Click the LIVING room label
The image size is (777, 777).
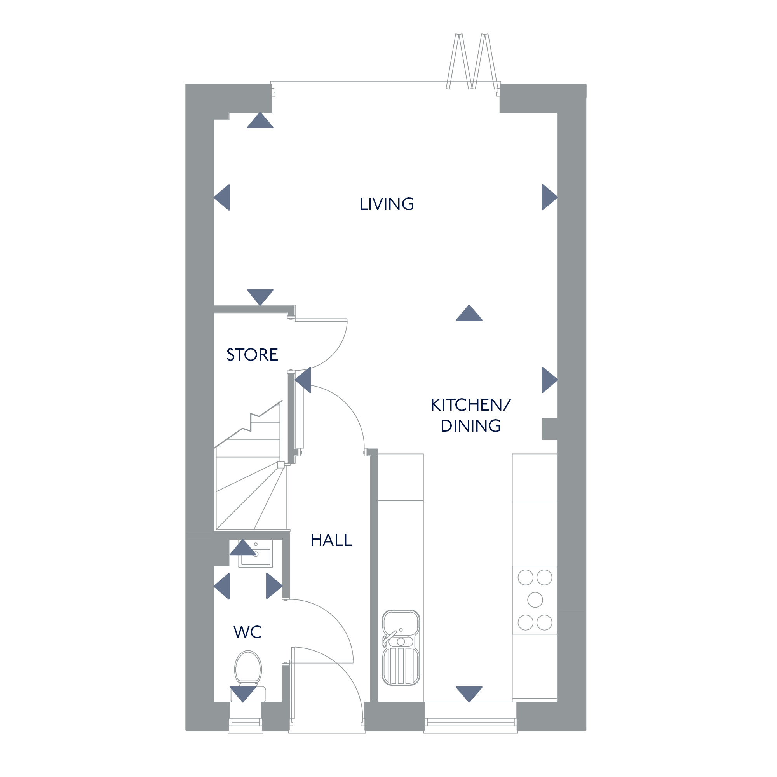pyautogui.click(x=387, y=204)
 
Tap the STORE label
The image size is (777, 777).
pyautogui.click(x=252, y=355)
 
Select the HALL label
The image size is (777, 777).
pyautogui.click(x=331, y=540)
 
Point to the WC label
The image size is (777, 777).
pyautogui.click(x=247, y=632)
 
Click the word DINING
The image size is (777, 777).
pyautogui.click(x=470, y=426)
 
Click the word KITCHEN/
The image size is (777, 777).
pyautogui.click(x=470, y=405)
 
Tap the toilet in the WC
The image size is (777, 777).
pyautogui.click(x=248, y=669)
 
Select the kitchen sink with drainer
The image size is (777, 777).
pyautogui.click(x=401, y=648)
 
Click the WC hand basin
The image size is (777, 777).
pyautogui.click(x=256, y=554)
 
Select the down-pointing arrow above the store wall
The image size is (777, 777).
pyautogui.click(x=260, y=296)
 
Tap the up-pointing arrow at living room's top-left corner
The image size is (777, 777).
pyautogui.click(x=260, y=121)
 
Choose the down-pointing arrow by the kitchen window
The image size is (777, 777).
pyautogui.click(x=469, y=693)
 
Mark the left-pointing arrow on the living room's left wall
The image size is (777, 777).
pyautogui.click(x=222, y=197)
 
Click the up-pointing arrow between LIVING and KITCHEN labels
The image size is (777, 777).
pyautogui.click(x=469, y=313)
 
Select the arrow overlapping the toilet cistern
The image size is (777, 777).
pyautogui.click(x=243, y=693)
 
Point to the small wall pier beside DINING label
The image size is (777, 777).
pyautogui.click(x=549, y=429)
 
